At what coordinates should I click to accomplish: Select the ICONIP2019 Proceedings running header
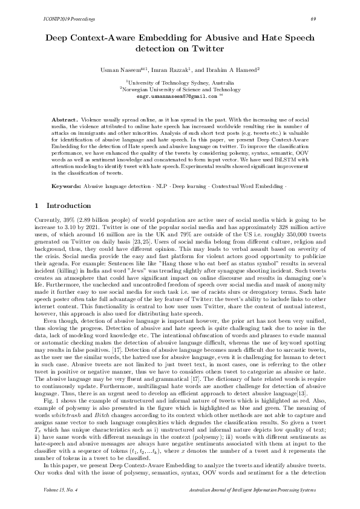pyautogui.click(x=65, y=19)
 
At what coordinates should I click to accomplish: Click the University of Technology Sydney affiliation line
pyautogui.click(x=180, y=82)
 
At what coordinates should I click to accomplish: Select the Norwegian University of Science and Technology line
pyautogui.click(x=180, y=88)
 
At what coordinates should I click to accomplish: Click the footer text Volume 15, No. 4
pyautogui.click(x=64, y=489)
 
